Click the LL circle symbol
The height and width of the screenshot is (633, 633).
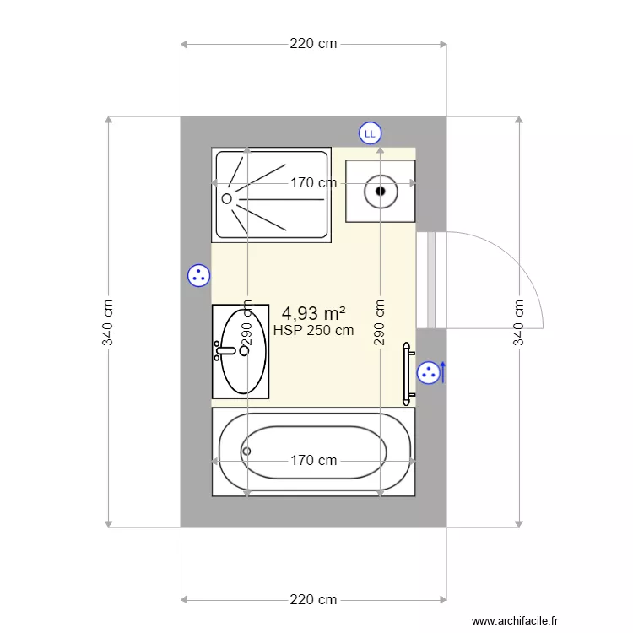(x=370, y=133)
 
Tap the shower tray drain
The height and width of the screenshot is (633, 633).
(x=226, y=199)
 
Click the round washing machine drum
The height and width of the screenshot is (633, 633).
(x=381, y=192)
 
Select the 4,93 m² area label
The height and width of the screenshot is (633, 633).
(x=313, y=314)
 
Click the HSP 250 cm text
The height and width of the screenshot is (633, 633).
(x=313, y=331)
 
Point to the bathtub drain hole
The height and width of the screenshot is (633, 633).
(x=246, y=451)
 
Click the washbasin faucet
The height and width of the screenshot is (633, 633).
(x=225, y=349)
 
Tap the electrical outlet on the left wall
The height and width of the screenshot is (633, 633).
(x=198, y=275)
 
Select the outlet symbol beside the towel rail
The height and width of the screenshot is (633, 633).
(x=429, y=371)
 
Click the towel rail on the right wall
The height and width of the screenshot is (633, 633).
(x=408, y=371)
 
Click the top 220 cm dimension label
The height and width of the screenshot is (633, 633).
(x=313, y=44)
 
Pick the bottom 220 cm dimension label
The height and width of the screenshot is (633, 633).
(x=313, y=600)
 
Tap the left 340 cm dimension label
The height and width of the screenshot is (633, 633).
(x=108, y=322)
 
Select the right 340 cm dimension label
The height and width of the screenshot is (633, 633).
(x=519, y=322)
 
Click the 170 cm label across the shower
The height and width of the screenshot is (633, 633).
(x=313, y=182)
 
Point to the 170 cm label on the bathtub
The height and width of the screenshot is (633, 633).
(x=313, y=461)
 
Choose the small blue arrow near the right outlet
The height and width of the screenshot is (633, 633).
(x=444, y=371)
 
